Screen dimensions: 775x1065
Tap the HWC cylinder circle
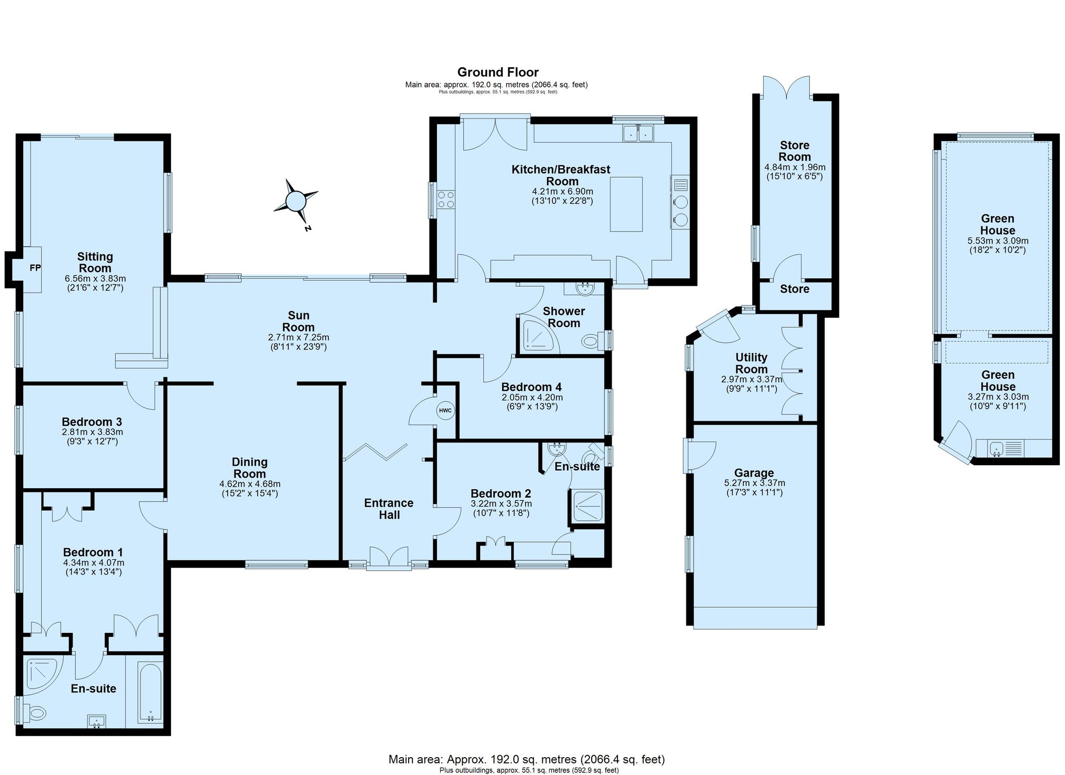pyautogui.click(x=445, y=410)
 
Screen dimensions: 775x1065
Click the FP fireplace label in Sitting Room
pyautogui.click(x=35, y=268)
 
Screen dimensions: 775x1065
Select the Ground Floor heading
pyautogui.click(x=498, y=72)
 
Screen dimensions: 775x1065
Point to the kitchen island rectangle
pyautogui.click(x=626, y=204)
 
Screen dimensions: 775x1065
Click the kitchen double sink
pyautogui.click(x=638, y=134)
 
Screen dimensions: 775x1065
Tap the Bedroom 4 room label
pyautogui.click(x=531, y=387)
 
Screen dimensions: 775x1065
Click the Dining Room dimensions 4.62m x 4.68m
pyautogui.click(x=250, y=484)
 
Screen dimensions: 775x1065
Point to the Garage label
pyautogui.click(x=754, y=473)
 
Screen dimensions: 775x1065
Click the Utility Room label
pyautogui.click(x=751, y=364)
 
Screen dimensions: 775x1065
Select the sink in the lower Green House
pyautogui.click(x=996, y=449)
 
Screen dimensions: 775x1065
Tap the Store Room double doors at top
pyautogui.click(x=787, y=87)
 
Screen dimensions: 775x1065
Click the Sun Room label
pyautogui.click(x=298, y=321)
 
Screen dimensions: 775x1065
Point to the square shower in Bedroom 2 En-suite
pyautogui.click(x=587, y=506)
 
